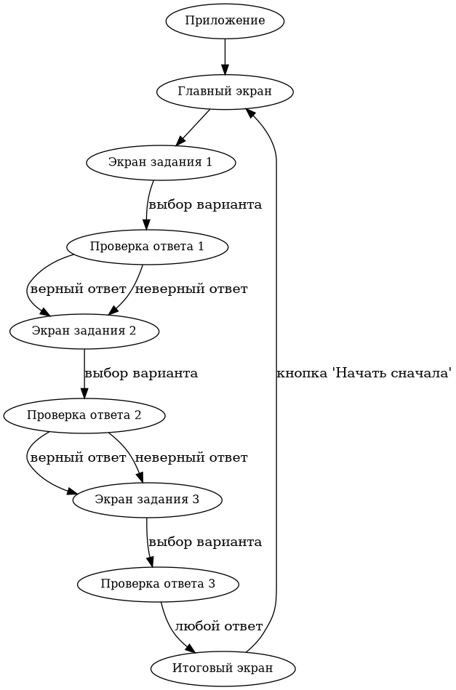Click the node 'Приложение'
point(225,20)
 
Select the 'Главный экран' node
point(225,92)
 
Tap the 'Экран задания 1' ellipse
point(160,162)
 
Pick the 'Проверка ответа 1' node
point(147,246)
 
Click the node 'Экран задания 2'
point(84,331)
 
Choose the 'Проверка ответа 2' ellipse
point(84,416)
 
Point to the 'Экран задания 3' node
point(147,500)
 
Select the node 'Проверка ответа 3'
point(158,584)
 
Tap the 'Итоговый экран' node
point(223,668)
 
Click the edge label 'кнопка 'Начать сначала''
point(364,374)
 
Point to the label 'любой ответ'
point(218,626)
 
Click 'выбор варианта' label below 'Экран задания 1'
point(205,204)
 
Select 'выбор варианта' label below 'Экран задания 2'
point(141,374)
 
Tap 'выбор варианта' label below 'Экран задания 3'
point(205,542)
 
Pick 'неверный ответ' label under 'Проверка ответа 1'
point(191,289)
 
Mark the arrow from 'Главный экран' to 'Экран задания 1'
point(193,127)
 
